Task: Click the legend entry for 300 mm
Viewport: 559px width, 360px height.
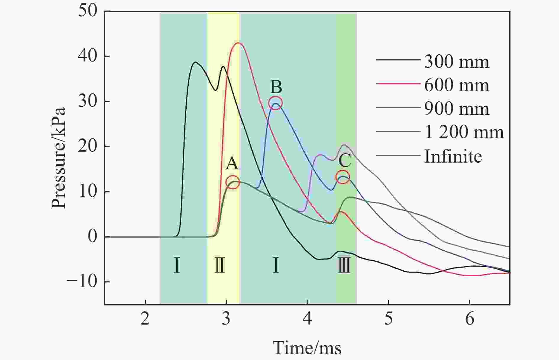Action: click(456, 62)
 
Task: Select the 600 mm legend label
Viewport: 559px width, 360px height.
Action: click(456, 85)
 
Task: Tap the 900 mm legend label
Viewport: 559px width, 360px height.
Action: click(456, 109)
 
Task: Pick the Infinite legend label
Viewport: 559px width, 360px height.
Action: click(453, 156)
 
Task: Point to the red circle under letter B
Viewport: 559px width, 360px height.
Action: click(275, 103)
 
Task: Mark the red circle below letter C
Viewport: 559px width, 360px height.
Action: click(343, 177)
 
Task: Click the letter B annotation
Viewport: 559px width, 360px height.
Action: click(276, 87)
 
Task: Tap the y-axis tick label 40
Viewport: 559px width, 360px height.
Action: click(88, 56)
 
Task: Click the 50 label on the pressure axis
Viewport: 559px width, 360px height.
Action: click(88, 11)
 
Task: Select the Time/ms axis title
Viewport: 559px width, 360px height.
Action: click(307, 348)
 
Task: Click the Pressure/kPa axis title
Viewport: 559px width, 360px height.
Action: click(58, 158)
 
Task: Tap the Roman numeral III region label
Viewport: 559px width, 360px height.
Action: click(344, 265)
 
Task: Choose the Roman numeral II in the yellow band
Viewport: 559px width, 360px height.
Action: click(219, 265)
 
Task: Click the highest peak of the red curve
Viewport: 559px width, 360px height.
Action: click(238, 43)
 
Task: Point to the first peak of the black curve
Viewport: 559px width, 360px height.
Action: click(195, 62)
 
